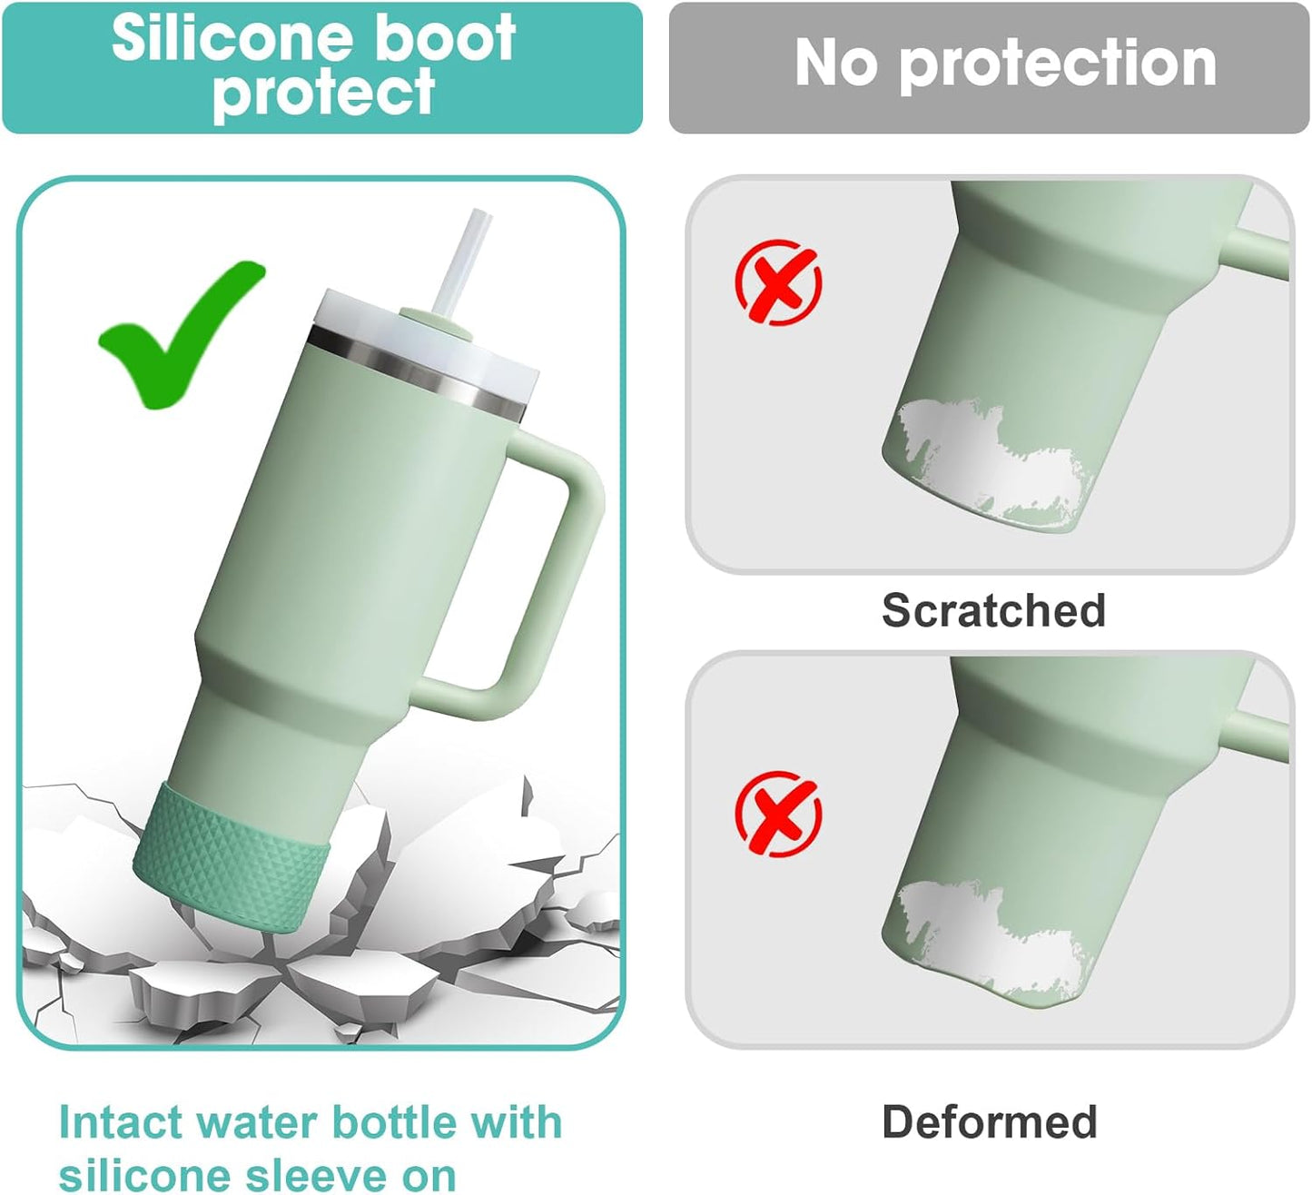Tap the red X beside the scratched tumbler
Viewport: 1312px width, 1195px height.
click(x=778, y=282)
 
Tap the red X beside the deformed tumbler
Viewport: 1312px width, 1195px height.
click(x=778, y=813)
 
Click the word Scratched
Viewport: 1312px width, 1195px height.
click(x=993, y=610)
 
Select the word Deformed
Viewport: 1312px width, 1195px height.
click(x=989, y=1121)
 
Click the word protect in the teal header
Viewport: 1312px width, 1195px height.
click(x=323, y=93)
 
